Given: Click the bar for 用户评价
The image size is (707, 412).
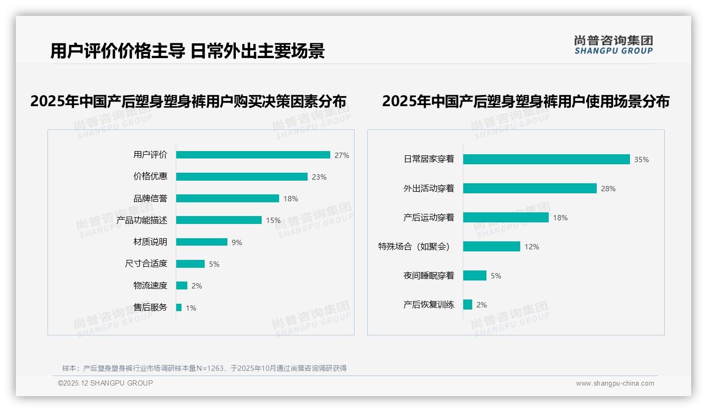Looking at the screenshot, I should (x=253, y=155).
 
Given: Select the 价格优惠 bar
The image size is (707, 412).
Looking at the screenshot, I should (x=242, y=177).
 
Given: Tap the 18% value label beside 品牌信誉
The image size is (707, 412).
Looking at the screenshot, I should (x=291, y=199).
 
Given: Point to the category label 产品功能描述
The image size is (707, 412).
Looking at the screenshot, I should (x=142, y=220).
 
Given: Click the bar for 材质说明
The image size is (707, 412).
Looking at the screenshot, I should (x=202, y=242).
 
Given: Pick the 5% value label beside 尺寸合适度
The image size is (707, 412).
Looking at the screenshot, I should (x=214, y=264).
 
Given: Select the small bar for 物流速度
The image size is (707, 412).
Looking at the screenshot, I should (x=181, y=286).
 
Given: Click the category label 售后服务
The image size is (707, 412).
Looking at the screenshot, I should (x=150, y=307).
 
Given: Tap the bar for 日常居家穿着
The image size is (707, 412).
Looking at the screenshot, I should (x=546, y=160).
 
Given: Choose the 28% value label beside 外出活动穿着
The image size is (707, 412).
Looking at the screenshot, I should (x=608, y=189).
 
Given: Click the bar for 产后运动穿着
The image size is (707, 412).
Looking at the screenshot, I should (x=505, y=218).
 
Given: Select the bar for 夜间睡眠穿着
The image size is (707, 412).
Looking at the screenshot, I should (x=474, y=276).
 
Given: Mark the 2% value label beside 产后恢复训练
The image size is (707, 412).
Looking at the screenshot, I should (x=482, y=305).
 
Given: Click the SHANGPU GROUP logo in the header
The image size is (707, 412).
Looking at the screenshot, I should (x=614, y=45).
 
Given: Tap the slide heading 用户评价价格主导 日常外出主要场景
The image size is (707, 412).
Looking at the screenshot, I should (x=187, y=51).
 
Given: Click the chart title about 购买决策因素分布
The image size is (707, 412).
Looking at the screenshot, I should (x=188, y=101).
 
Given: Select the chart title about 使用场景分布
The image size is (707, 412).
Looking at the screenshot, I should (x=526, y=101).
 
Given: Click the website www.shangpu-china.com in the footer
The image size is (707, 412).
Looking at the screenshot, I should (x=615, y=383).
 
